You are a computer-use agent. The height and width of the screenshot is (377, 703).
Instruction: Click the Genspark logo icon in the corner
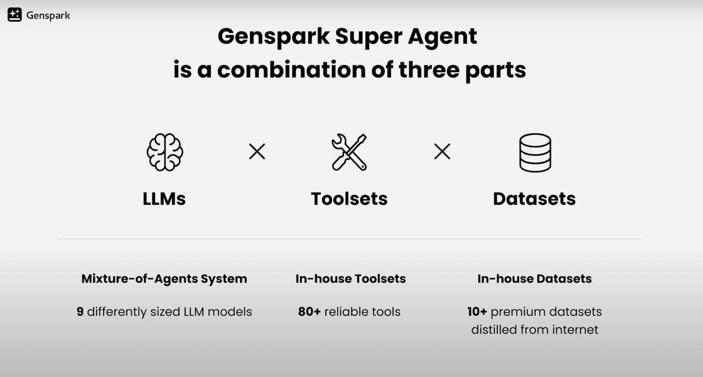pos(15,15)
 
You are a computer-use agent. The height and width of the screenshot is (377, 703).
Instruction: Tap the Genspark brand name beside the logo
pos(48,16)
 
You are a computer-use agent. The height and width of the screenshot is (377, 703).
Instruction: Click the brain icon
pos(164,152)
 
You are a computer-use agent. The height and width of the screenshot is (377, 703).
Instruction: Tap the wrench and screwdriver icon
pos(349,152)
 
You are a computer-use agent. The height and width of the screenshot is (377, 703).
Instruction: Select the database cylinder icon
pos(535,152)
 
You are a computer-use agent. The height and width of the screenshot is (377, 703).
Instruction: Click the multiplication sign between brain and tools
pos(257,152)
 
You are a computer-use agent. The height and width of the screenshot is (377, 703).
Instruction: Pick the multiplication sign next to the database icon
pos(442,152)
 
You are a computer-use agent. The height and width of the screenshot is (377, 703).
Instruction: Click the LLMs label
pos(164,199)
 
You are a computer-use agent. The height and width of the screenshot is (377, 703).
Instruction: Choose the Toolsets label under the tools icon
pos(349,199)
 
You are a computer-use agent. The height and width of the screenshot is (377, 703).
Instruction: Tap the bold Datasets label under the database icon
pos(534,199)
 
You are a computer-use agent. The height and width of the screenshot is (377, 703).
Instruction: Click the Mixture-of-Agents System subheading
pos(164,279)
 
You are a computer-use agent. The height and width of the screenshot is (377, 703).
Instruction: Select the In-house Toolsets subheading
pos(350,279)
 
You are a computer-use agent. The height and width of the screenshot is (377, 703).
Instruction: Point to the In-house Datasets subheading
pos(534,279)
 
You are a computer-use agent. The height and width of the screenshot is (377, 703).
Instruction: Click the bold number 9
pos(80,311)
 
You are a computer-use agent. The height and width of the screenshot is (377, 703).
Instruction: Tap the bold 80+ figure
pos(309,311)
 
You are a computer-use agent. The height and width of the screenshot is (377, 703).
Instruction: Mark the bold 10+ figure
pos(473,311)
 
